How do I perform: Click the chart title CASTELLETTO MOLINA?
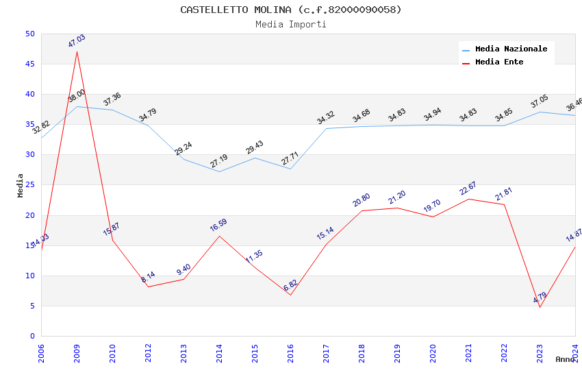pos(291,10)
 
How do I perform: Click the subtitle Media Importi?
pos(291,24)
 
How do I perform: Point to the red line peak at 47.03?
pos(77,51)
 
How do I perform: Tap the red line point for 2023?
pos(540,307)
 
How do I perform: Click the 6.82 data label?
pos(290,285)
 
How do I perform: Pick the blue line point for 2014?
pos(219,171)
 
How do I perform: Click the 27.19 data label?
pos(219,161)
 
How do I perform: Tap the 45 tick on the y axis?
pos(29,64)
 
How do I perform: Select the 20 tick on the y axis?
pos(29,215)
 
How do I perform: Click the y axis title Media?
pos(21,185)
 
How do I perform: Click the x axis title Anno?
pos(565,359)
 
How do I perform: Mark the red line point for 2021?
pos(468,199)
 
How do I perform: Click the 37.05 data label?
pos(540,102)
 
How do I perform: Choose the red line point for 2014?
pos(219,236)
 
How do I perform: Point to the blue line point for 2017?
pos(326,128)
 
